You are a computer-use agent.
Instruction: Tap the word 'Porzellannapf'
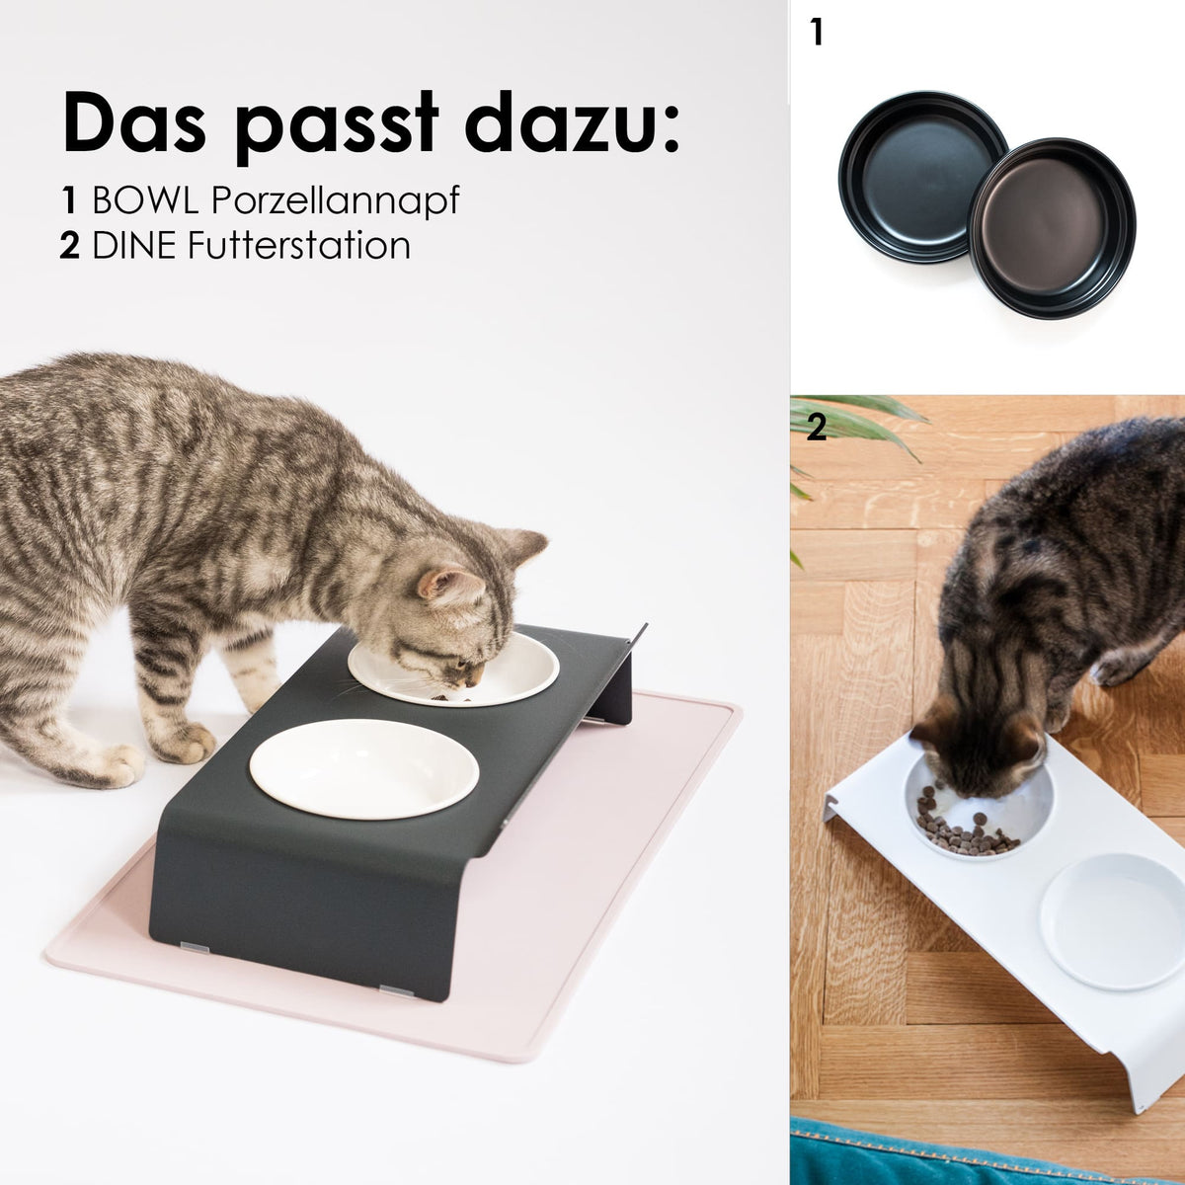coord(336,201)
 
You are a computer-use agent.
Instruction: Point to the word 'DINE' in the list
coord(134,245)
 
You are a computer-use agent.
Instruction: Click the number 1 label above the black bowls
coord(816,33)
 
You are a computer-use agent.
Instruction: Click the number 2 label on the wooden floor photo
coord(816,427)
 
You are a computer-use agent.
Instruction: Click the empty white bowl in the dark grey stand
coord(363,767)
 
